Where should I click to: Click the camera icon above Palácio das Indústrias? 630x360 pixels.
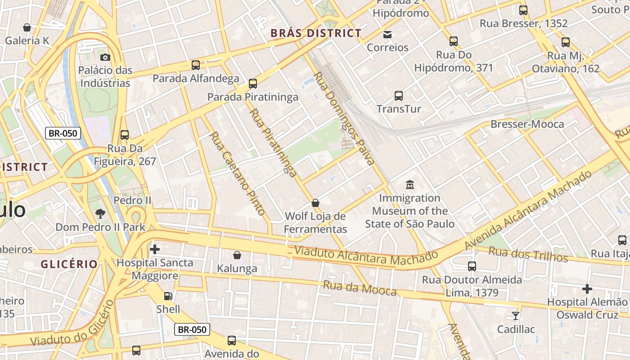(105, 57)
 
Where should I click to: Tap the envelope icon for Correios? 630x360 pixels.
(387, 34)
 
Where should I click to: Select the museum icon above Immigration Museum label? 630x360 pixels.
(409, 184)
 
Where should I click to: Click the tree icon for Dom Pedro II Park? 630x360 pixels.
(100, 214)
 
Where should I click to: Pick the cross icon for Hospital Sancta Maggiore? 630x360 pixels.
(155, 249)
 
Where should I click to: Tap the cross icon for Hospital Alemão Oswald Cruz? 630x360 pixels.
(587, 288)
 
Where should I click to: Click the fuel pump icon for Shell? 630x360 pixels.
(168, 296)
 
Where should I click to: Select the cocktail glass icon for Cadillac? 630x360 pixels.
(516, 315)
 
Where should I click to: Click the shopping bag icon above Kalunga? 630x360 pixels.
(237, 255)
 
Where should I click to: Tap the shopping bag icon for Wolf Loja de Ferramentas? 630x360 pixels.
(315, 203)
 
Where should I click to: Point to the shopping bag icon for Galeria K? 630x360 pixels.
(27, 27)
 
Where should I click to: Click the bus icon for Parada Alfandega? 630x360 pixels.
(196, 65)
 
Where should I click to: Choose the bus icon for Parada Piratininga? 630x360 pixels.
(253, 83)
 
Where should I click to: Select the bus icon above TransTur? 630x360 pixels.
(399, 95)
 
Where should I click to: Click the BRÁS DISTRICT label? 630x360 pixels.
(316, 33)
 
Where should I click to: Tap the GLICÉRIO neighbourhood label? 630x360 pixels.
(69, 264)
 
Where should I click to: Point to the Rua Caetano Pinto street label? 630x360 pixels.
(237, 173)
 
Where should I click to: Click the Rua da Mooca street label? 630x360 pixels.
(360, 288)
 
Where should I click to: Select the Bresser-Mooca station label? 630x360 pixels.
(527, 124)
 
